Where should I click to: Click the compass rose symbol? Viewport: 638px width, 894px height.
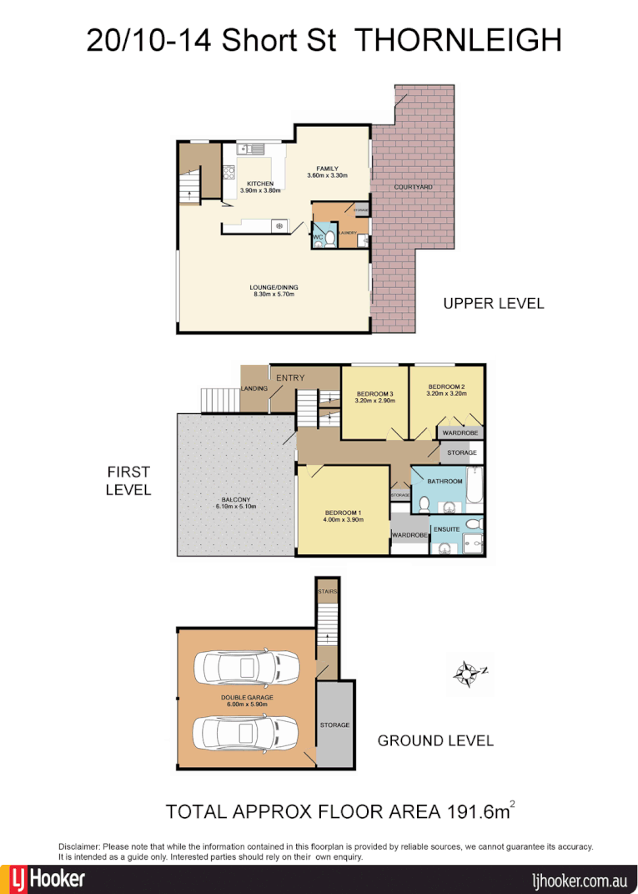coord(469,672)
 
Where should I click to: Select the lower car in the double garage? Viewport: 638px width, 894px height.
coord(246,733)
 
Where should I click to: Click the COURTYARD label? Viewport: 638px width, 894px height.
coord(413,187)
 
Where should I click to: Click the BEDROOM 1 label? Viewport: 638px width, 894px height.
coord(344,512)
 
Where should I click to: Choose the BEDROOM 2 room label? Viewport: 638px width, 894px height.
coord(446,386)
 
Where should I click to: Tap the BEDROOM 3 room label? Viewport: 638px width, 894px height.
coord(374,394)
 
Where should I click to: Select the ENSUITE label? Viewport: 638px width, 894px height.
coord(446,529)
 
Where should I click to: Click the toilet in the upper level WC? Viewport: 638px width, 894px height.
coord(329,239)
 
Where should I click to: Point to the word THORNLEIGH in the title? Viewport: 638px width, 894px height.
coord(459,40)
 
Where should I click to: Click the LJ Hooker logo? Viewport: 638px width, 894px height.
coord(48,879)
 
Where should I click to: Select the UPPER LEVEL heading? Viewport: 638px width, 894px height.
coord(493,303)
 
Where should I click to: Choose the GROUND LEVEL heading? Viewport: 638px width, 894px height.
coord(435,740)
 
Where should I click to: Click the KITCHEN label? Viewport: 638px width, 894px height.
coord(259,184)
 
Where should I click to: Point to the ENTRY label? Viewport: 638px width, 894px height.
coord(290,378)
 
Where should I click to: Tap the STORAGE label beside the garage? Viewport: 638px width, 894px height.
coord(334,725)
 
